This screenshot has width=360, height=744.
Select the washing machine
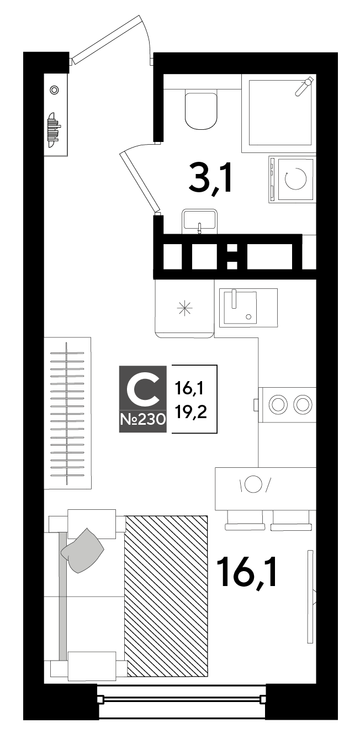(293, 180)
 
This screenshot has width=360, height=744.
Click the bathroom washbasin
(199, 221)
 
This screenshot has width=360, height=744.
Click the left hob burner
(278, 404)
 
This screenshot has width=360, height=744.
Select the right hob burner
(303, 404)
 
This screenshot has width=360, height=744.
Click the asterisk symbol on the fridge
(184, 308)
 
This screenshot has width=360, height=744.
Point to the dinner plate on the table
(253, 484)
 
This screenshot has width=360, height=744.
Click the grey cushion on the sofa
(83, 551)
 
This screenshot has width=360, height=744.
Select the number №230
(143, 419)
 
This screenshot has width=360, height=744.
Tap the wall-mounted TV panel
(310, 597)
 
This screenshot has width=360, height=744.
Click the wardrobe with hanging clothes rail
(67, 413)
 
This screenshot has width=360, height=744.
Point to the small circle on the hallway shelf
(54, 90)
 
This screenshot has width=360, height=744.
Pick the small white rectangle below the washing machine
(309, 252)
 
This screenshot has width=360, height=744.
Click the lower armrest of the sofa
(92, 666)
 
